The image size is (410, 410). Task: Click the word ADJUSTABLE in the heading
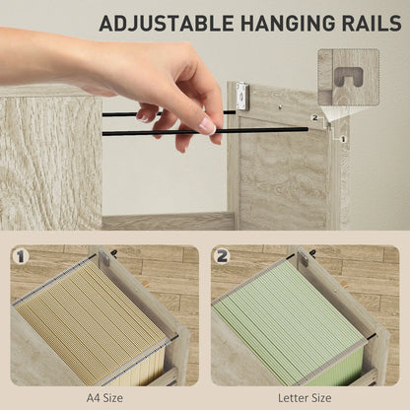(167, 23)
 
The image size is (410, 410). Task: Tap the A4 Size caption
(104, 398)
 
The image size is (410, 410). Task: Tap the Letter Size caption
(305, 398)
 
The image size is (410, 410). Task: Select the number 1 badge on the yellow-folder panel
(21, 256)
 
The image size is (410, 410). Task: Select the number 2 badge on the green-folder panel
(222, 256)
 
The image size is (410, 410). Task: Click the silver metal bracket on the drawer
(242, 96)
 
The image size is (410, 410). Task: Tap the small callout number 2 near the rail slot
(315, 117)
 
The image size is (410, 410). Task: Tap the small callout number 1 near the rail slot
(344, 139)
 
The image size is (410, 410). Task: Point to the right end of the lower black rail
(307, 129)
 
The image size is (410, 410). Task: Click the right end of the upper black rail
(235, 112)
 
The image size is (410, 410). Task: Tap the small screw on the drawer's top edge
(279, 105)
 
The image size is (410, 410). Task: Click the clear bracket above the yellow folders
(104, 257)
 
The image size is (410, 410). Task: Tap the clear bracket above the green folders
(303, 257)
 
